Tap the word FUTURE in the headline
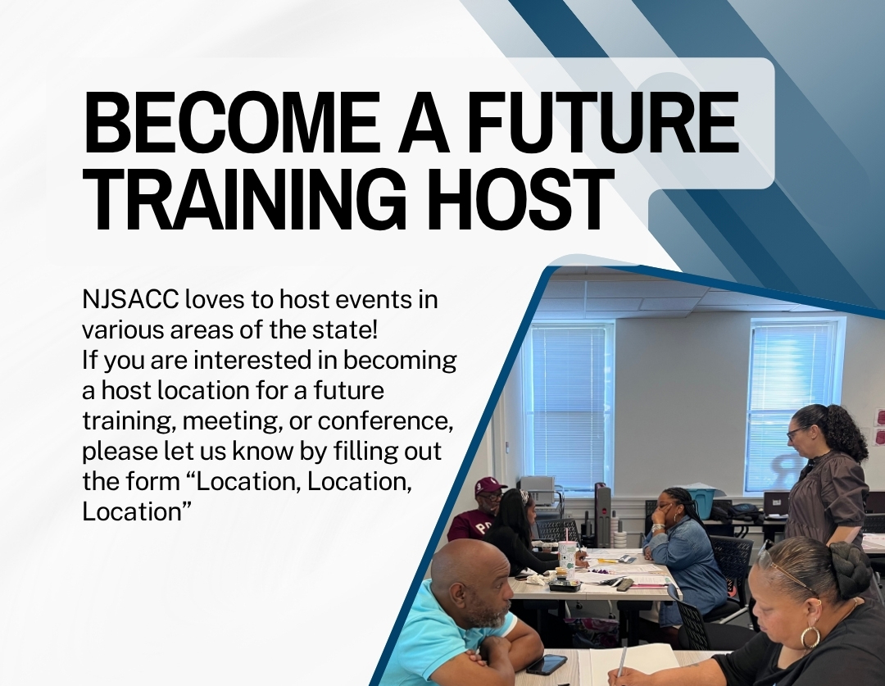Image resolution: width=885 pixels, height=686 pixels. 602,121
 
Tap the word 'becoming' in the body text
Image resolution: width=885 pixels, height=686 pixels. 400,361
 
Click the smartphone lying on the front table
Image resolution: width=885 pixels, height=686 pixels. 547,664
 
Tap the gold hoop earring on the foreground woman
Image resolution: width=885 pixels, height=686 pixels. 810,636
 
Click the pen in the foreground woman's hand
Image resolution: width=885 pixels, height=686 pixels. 621,661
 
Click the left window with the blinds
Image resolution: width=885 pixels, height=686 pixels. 570,406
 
